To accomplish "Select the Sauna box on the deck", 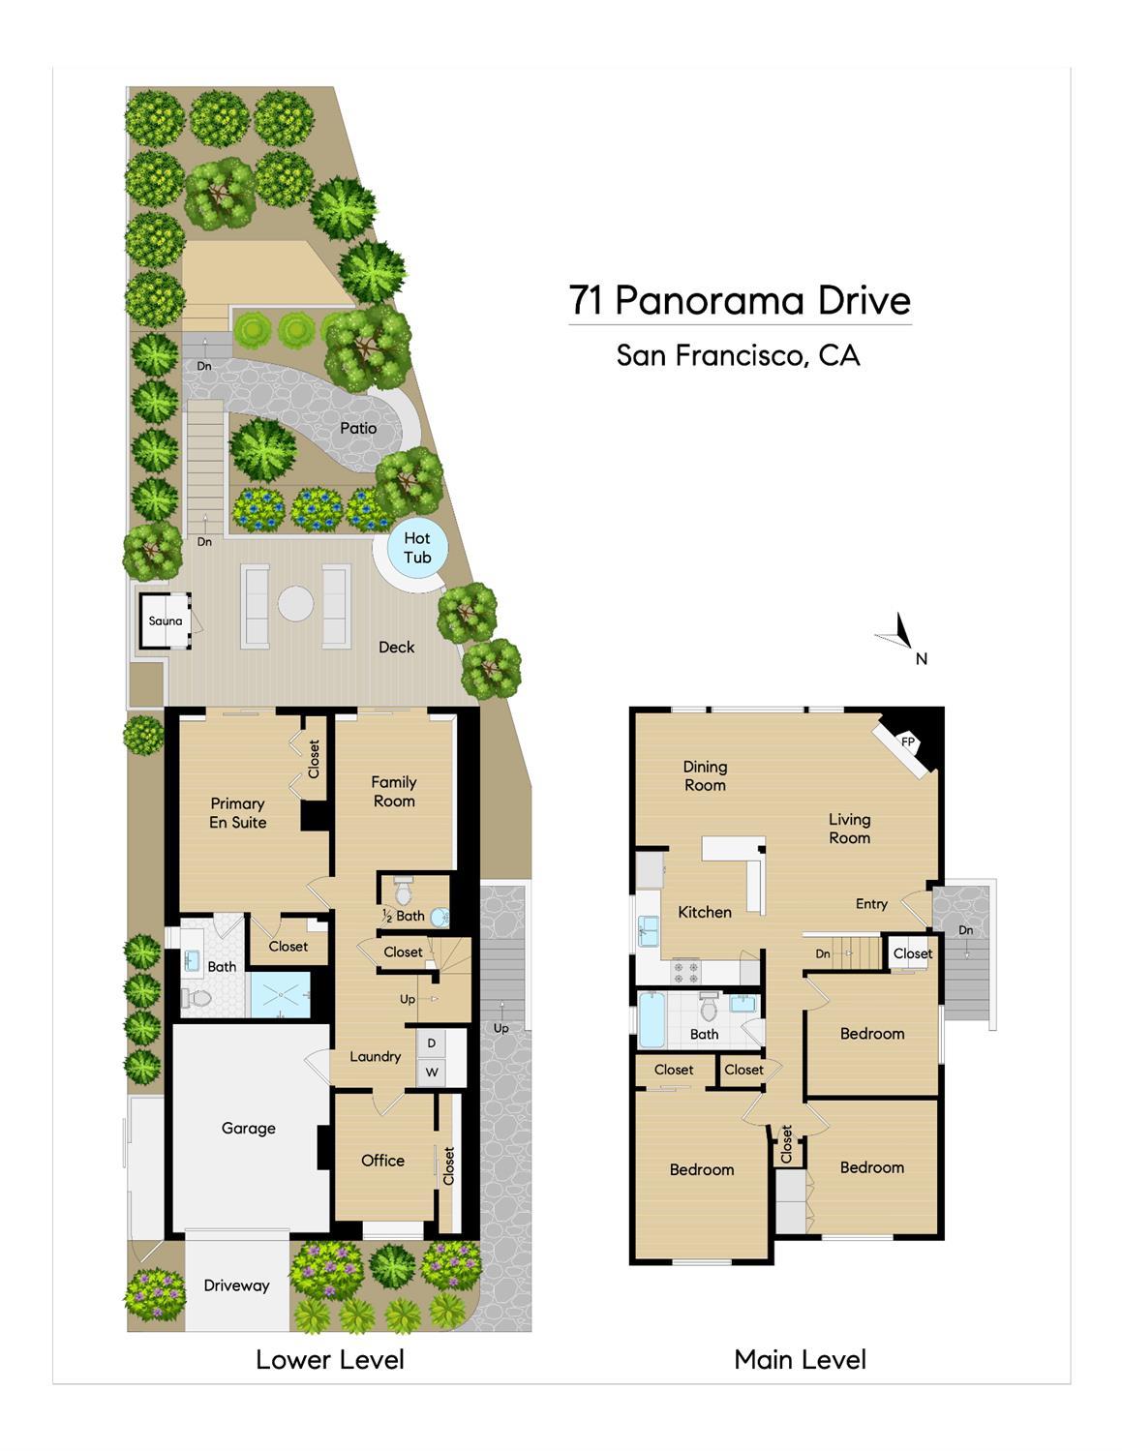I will point(166,620).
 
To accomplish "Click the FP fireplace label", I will point(908,741).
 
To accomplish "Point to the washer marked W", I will point(432,1072).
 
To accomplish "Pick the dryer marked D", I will point(432,1043).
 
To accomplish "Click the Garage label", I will point(248,1128).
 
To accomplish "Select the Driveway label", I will point(236,1285).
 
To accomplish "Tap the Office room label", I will point(382,1161).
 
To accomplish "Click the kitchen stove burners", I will point(686,966).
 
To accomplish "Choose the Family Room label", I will point(394,791).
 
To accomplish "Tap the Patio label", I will point(358,428).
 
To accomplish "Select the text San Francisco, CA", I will point(738,355).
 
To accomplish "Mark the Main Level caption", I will point(800,1359).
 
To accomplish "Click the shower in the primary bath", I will point(281,995).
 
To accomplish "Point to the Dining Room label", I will point(705,775).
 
